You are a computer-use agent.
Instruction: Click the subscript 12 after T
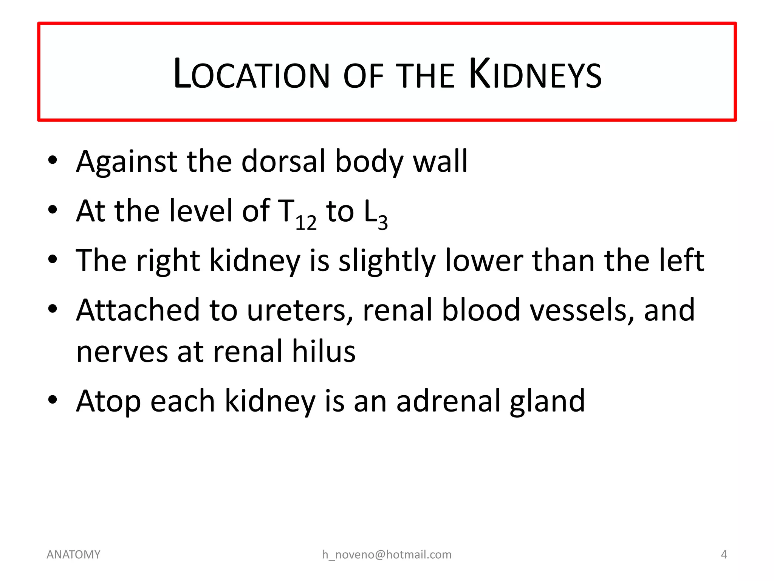coord(306,222)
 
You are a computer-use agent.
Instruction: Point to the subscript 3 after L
coord(383,222)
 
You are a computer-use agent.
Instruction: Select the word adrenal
coord(448,401)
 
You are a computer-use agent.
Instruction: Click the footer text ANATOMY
coord(73,555)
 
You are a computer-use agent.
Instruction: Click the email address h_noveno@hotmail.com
coord(387,555)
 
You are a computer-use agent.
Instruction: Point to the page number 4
coord(724,555)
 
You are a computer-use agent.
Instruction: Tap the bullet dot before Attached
coord(53,309)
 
